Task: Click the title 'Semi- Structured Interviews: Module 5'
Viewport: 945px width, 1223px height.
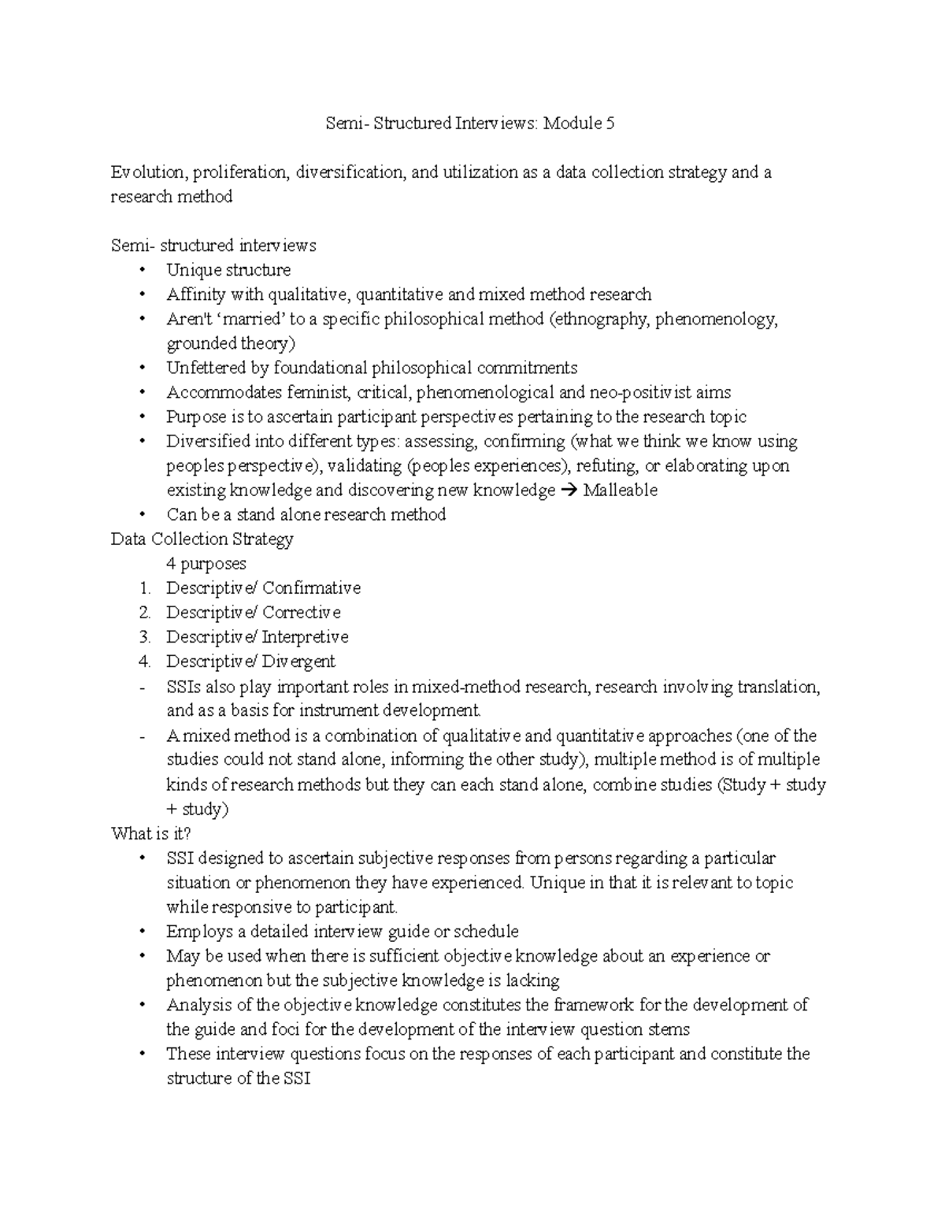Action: tap(470, 124)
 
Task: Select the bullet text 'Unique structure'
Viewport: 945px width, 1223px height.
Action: tap(228, 270)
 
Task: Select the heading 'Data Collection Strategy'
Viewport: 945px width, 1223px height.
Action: tap(202, 539)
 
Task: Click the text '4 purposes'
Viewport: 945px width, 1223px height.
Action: tap(206, 564)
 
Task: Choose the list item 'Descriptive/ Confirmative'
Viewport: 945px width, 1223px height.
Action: tap(263, 588)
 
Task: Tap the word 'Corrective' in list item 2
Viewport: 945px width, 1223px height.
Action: tap(302, 613)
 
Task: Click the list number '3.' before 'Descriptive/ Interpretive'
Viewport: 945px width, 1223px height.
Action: tap(144, 637)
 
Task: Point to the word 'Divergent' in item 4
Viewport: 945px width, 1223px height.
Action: tap(298, 662)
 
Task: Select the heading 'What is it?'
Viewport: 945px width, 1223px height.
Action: tap(151, 833)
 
